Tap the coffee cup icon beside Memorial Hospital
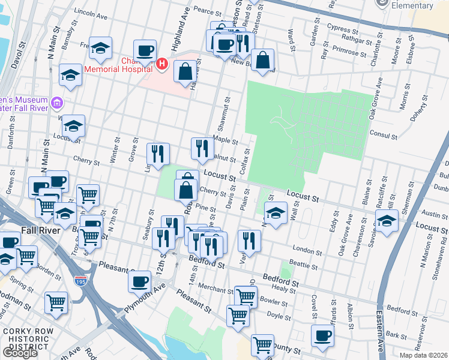click(x=145, y=50)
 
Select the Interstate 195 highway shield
click(x=80, y=280)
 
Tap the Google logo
click(x=20, y=353)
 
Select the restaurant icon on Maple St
click(x=202, y=148)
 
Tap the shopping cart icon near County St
click(x=262, y=345)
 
